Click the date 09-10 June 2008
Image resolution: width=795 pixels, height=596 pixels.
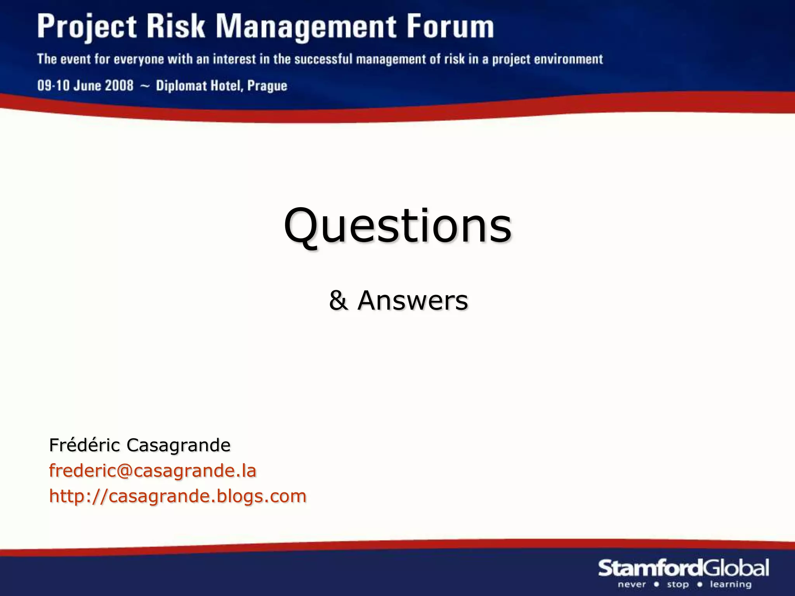click(85, 85)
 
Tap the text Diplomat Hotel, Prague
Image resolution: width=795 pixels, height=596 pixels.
click(221, 86)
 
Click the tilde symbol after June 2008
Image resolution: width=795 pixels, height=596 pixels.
click(144, 86)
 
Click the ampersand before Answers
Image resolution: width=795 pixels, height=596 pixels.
click(338, 301)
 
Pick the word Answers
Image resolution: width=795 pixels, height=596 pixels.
click(413, 301)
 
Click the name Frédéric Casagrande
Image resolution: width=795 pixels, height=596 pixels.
click(140, 445)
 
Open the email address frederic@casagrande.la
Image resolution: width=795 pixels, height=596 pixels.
click(153, 471)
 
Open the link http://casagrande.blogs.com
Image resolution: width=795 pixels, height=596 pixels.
click(178, 496)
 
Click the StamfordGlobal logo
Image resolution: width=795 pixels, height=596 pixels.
click(683, 568)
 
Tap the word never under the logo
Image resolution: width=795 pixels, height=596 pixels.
click(632, 584)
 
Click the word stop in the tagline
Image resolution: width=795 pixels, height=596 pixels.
click(678, 584)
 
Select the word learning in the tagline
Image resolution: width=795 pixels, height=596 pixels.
click(731, 584)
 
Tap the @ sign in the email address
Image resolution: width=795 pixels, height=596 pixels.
click(122, 471)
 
